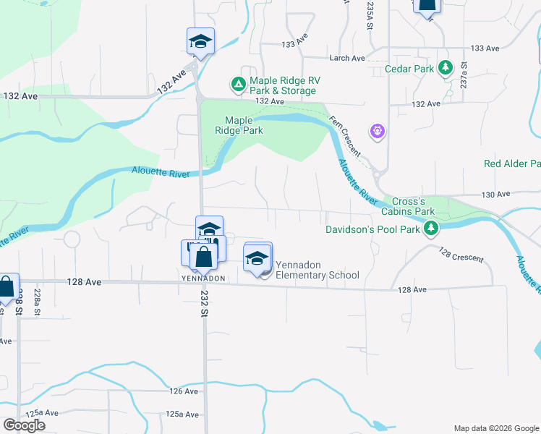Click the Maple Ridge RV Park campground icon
238,85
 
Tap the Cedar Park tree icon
446,69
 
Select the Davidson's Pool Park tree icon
432,229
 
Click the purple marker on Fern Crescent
377,132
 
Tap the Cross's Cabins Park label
413,206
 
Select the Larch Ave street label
347,58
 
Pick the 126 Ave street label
184,391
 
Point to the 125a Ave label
182,414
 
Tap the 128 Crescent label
461,254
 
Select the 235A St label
369,14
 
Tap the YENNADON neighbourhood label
202,278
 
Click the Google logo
24,425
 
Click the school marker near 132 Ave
200,41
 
